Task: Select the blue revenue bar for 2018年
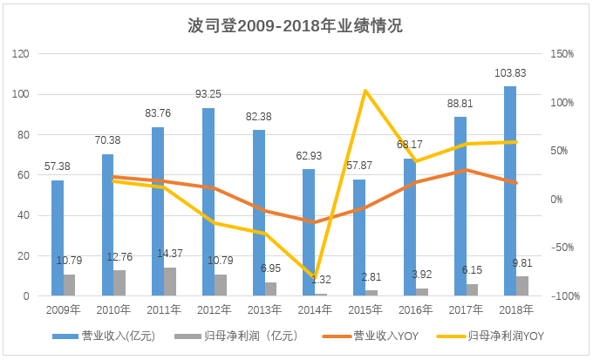[509, 192]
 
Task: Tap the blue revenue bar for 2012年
[208, 202]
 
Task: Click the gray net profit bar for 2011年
[170, 282]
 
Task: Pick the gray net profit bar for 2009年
[70, 286]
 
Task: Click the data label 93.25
[208, 94]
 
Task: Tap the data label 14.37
[169, 254]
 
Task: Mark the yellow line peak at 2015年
[365, 91]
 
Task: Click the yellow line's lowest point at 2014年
[315, 277]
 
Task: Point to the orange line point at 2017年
[466, 170]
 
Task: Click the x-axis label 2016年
[415, 309]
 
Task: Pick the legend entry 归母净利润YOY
[504, 336]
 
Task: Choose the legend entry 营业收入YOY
[383, 336]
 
